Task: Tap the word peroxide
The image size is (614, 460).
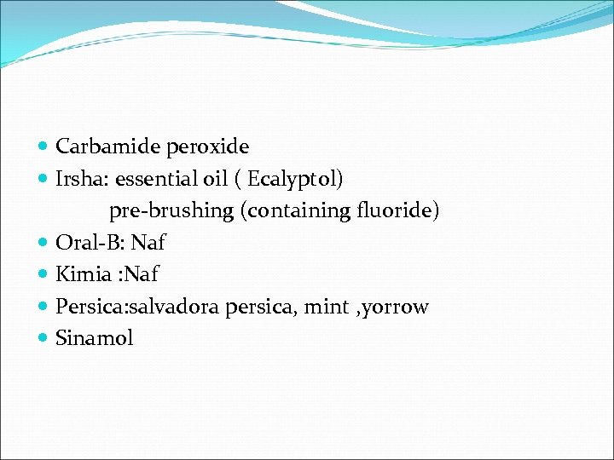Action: (208, 147)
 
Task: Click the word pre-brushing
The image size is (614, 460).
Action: (172, 211)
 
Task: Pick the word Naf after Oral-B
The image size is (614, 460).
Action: (148, 243)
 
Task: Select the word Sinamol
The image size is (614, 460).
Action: (95, 338)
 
